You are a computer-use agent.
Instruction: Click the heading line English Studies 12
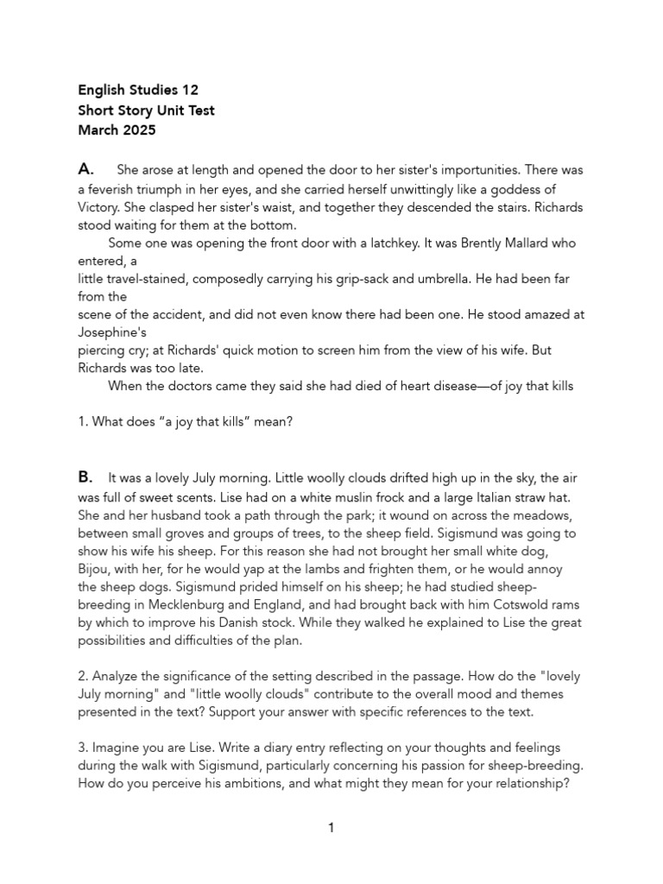tap(138, 90)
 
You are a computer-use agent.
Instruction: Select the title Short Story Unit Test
tap(146, 110)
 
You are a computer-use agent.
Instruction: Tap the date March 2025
tap(117, 131)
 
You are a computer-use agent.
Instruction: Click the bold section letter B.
tap(85, 477)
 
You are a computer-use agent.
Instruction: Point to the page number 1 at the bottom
tap(331, 829)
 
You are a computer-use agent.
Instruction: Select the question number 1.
tap(82, 422)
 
